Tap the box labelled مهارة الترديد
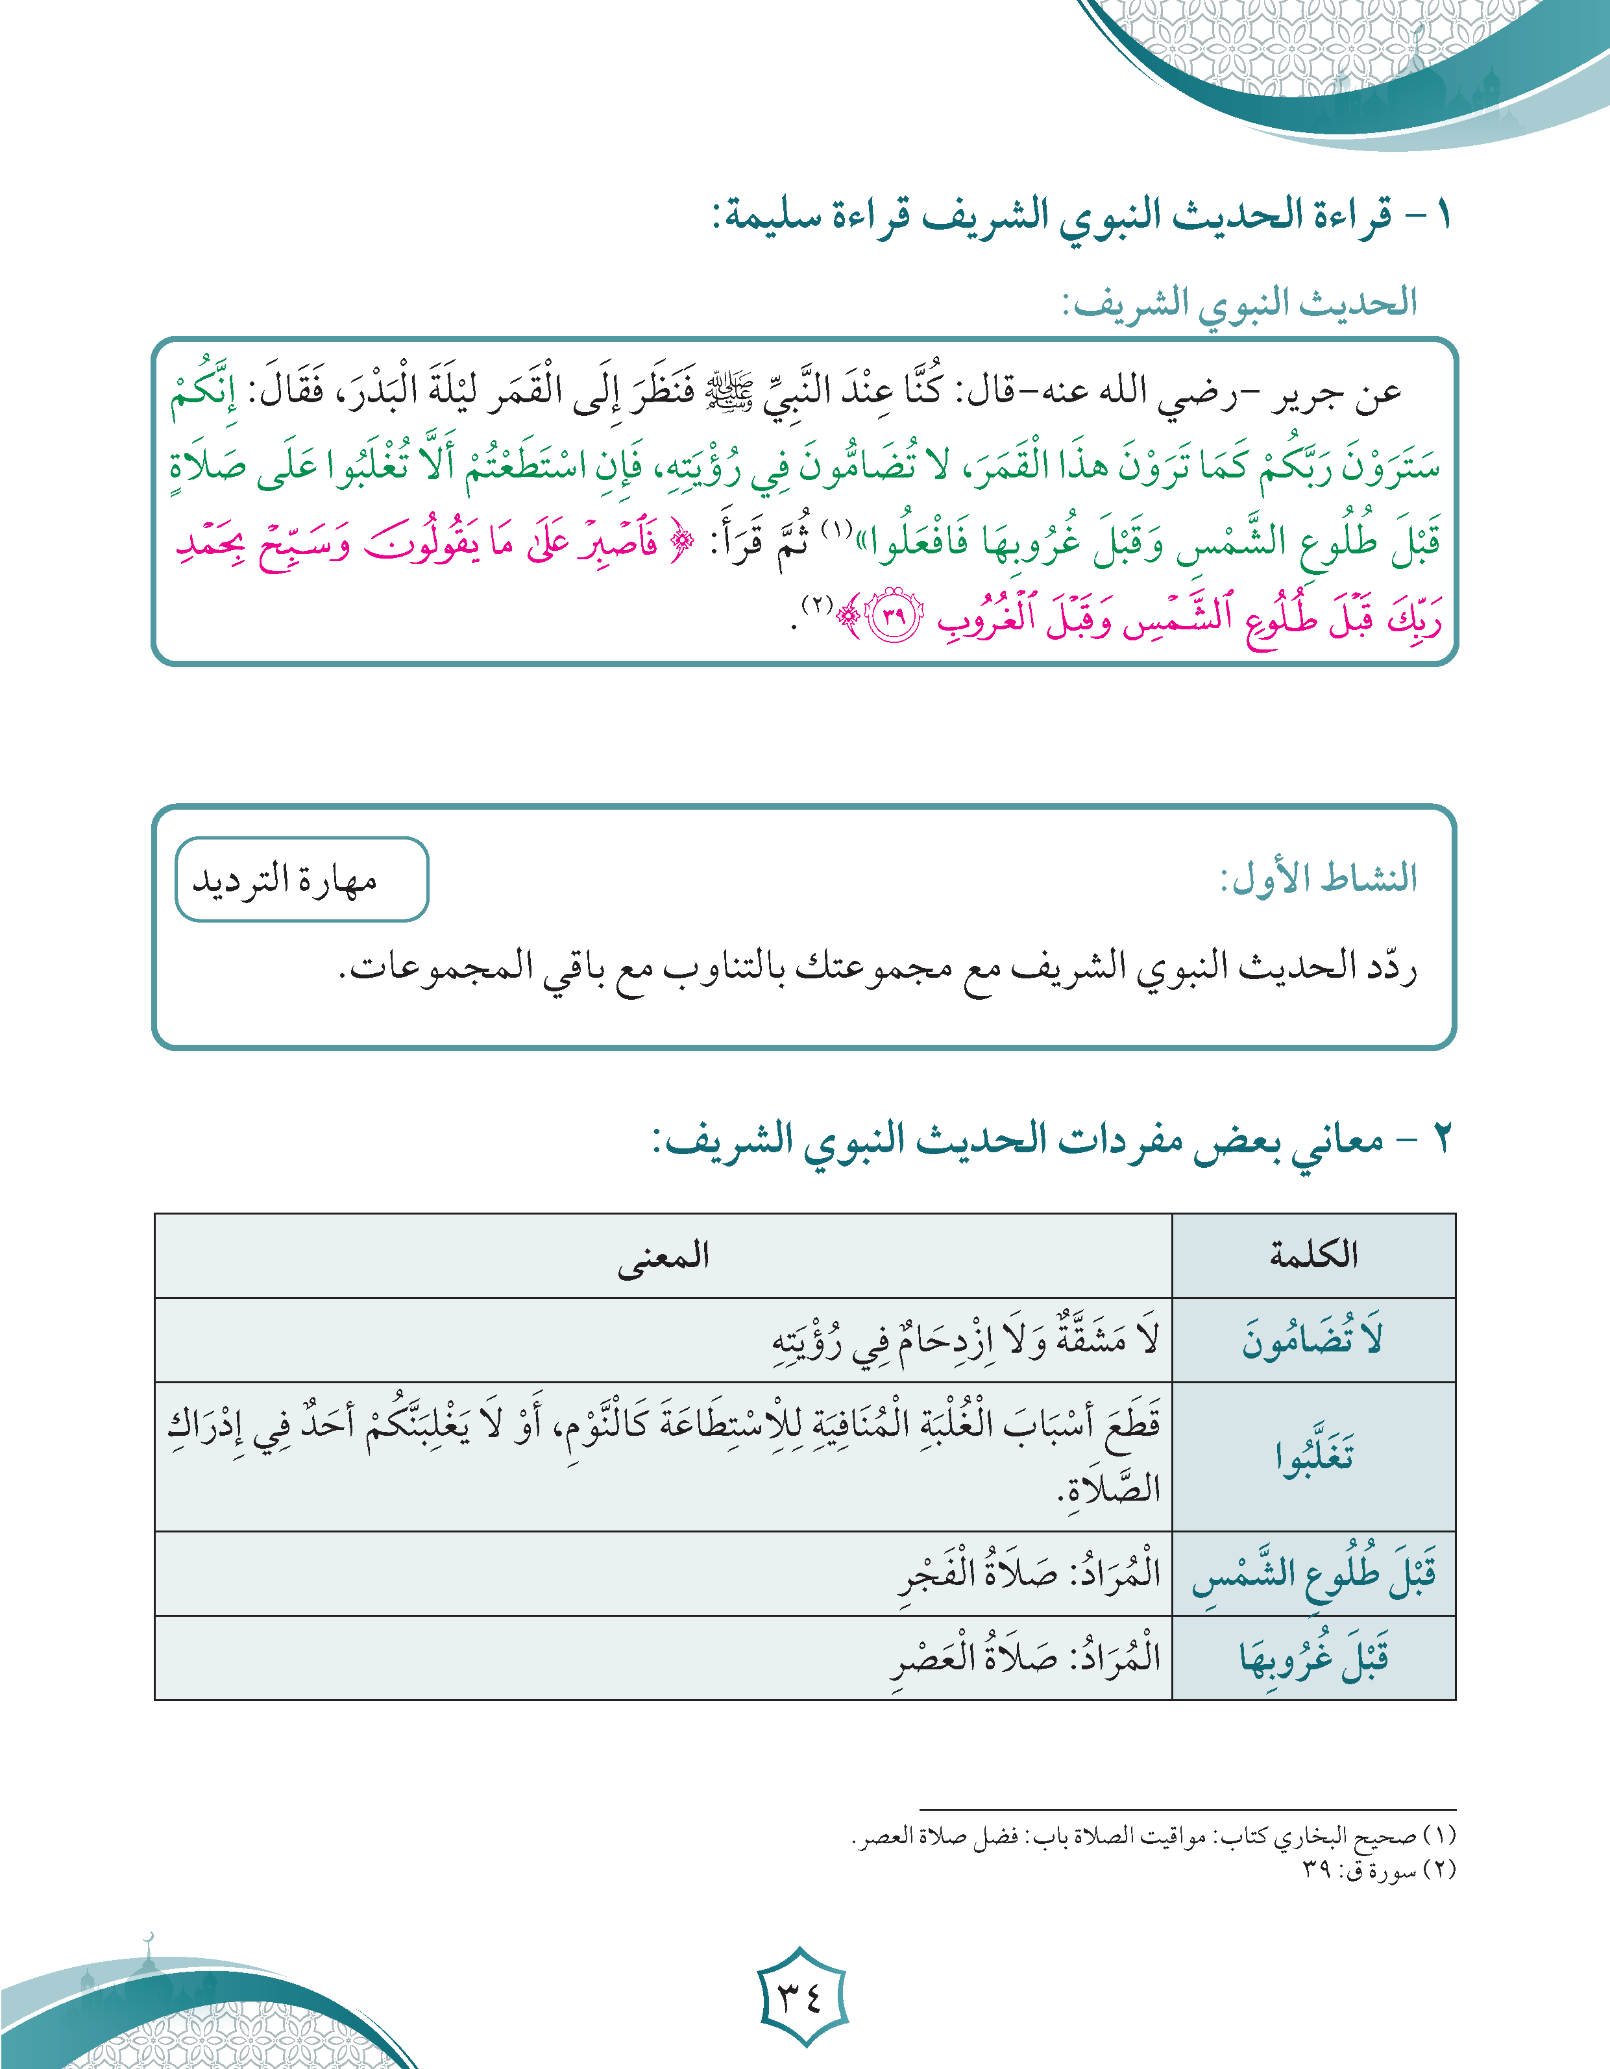[x=301, y=879]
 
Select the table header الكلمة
[x=1313, y=1255]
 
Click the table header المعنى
[x=663, y=1255]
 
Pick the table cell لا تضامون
[x=1313, y=1340]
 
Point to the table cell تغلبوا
[x=1313, y=1456]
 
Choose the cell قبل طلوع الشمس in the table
[x=1313, y=1573]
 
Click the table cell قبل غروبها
[x=1313, y=1658]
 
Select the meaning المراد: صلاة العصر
[x=1025, y=1658]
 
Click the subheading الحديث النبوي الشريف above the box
[x=1238, y=303]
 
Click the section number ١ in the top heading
[x=1441, y=216]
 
